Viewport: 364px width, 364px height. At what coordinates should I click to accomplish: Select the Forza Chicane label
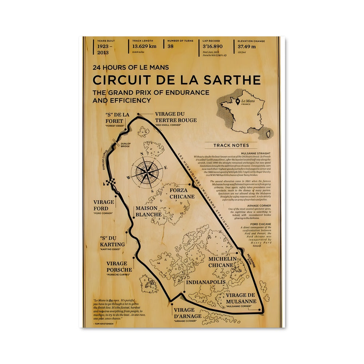(x=182, y=193)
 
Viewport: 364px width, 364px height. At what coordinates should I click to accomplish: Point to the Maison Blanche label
(x=149, y=211)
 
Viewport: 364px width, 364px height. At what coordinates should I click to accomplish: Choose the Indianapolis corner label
(x=206, y=282)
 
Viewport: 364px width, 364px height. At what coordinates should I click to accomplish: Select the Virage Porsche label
(x=119, y=266)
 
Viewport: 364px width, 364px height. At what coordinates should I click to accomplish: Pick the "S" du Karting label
(x=112, y=241)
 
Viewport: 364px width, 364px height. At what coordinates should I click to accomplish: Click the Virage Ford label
(x=103, y=205)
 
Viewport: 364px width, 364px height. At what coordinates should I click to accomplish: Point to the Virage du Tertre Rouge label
(x=175, y=117)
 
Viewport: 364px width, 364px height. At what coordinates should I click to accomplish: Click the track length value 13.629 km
(x=145, y=47)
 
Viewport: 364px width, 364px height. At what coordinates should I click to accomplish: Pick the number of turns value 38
(x=171, y=46)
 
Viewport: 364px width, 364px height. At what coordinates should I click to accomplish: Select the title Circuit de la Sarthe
(x=176, y=80)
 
